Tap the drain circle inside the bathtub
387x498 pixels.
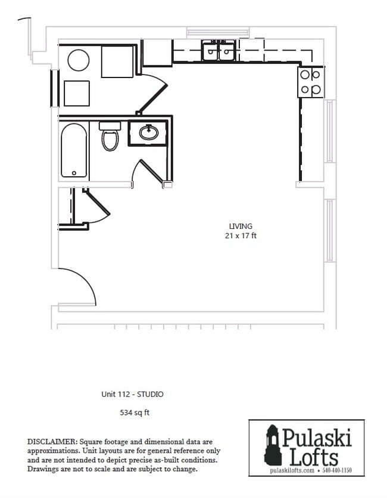coord(74,173)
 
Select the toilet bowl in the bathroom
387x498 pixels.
coord(110,139)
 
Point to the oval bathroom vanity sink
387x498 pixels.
coord(148,132)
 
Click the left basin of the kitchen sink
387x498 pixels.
coord(211,52)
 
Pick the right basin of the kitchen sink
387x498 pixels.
coord(227,52)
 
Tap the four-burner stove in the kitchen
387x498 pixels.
coord(310,82)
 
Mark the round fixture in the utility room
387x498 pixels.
coord(79,60)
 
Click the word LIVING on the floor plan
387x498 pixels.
coord(241,226)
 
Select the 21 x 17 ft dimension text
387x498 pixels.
coord(241,236)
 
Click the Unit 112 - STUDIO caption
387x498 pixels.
coord(132,394)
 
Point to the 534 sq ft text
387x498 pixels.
coord(132,412)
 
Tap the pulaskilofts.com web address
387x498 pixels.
coord(292,471)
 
